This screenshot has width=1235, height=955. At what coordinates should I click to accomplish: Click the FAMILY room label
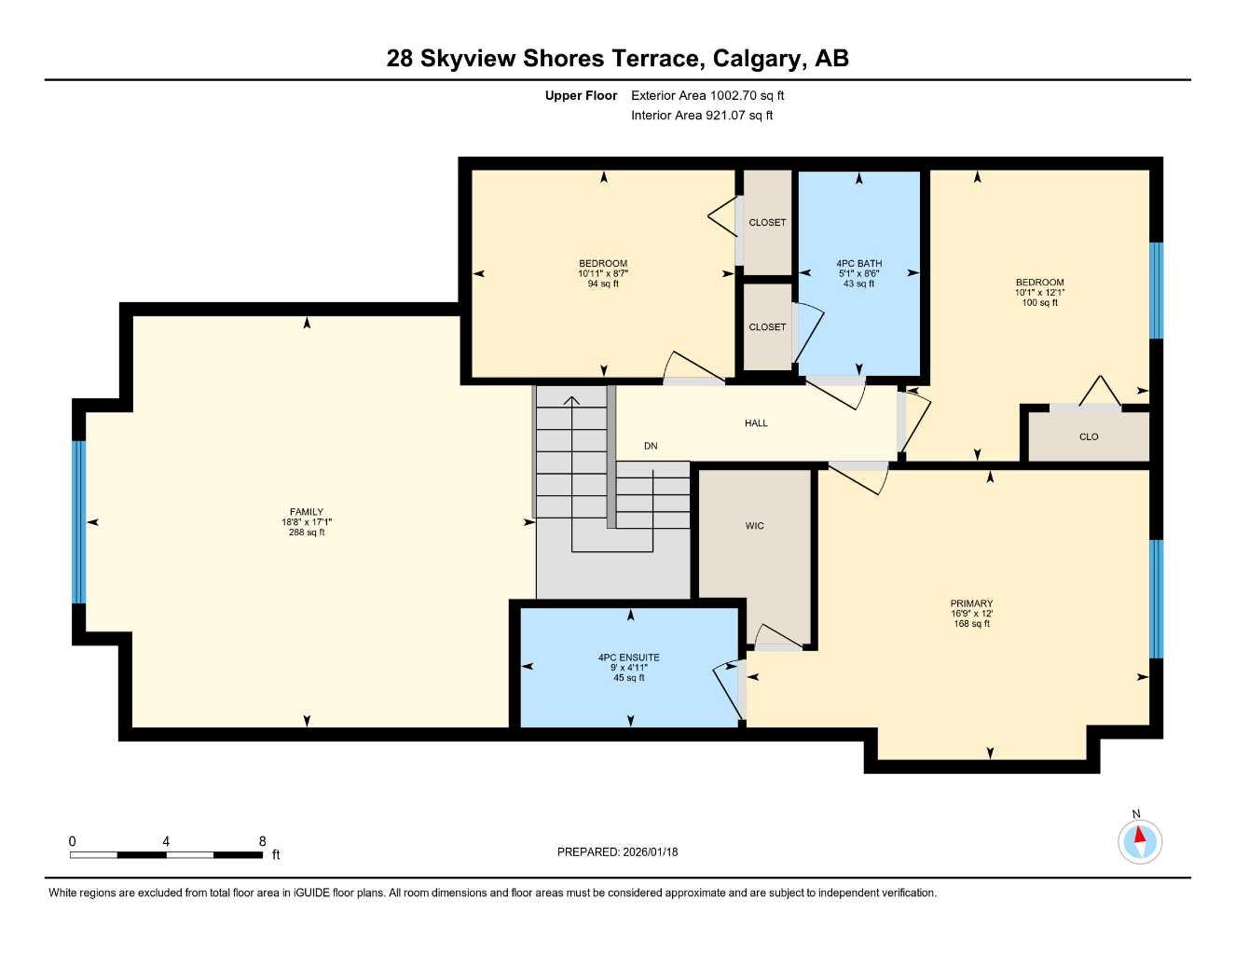click(x=306, y=512)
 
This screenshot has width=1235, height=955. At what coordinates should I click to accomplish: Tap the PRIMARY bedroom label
click(x=971, y=603)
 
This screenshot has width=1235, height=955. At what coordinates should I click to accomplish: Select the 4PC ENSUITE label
click(x=628, y=657)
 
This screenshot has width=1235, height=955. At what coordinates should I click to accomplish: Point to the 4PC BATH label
click(x=858, y=264)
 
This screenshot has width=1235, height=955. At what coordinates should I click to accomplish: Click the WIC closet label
click(x=754, y=526)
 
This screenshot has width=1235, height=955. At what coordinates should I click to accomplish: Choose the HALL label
click(x=756, y=423)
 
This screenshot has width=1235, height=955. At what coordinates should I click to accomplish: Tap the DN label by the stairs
click(x=651, y=446)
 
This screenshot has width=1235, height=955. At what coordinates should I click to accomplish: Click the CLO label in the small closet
click(x=1089, y=436)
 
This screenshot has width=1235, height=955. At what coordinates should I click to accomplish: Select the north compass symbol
click(x=1139, y=841)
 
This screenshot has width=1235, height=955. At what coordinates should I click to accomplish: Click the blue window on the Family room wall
click(x=79, y=522)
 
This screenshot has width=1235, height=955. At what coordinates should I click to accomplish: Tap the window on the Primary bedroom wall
click(x=1156, y=599)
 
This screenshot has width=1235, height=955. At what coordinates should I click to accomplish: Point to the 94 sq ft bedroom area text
click(x=603, y=284)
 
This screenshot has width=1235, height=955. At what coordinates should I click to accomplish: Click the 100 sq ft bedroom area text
click(x=1039, y=302)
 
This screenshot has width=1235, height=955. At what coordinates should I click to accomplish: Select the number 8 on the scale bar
click(x=262, y=841)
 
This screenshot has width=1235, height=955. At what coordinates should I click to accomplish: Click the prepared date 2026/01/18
click(x=651, y=851)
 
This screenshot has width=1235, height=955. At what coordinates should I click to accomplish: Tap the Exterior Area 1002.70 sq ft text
click(x=707, y=95)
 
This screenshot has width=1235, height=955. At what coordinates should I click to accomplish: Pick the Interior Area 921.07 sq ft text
click(x=702, y=116)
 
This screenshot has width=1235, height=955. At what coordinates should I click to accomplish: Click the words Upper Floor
click(x=581, y=95)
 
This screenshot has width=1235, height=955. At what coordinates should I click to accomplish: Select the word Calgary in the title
click(x=759, y=59)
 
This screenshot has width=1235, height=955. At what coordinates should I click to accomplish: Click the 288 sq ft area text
click(x=306, y=533)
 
